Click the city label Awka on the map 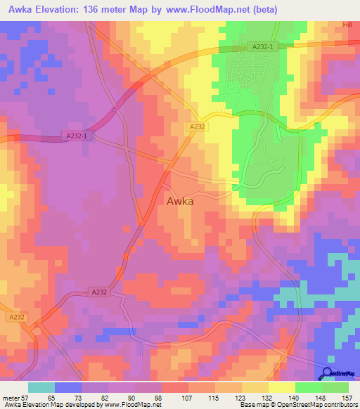click(180, 201)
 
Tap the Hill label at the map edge click(347, 24)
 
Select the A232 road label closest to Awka click(197, 126)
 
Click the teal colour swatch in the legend click(41, 387)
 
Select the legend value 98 click(157, 398)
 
